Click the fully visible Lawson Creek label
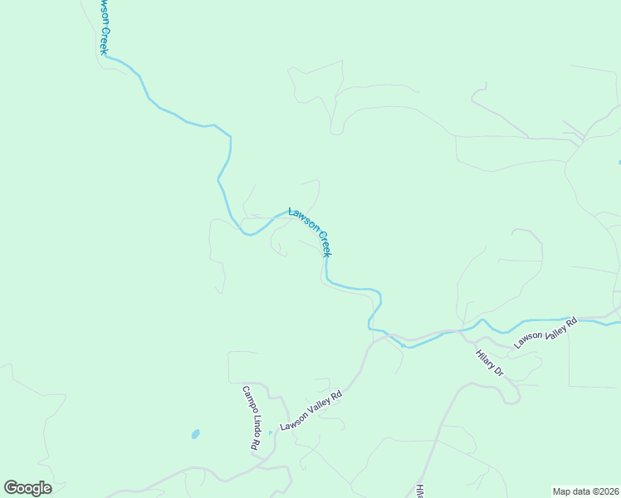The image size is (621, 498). [310, 231]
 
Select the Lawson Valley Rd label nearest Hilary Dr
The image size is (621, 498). [545, 332]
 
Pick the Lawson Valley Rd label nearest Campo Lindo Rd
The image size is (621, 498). [311, 411]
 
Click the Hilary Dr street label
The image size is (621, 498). [490, 364]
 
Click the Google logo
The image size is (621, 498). [27, 488]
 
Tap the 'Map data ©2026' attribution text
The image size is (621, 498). [586, 491]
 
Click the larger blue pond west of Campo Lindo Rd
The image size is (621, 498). [195, 434]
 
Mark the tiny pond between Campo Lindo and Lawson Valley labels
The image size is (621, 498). [270, 432]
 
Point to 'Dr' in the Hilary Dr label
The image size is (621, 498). [499, 372]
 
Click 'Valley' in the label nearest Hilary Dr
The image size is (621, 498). [550, 330]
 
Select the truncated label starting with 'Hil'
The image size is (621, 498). [419, 491]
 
